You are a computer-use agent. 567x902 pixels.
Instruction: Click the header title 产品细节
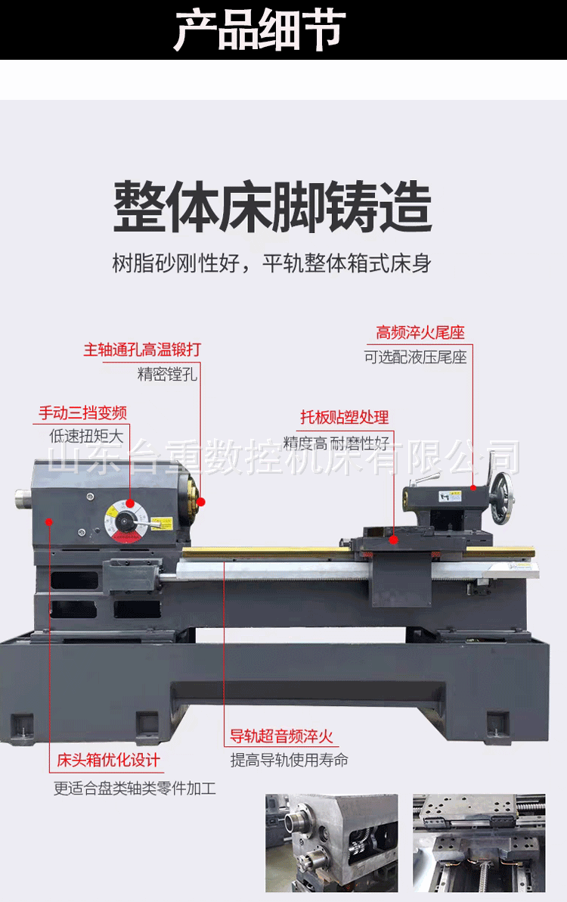coord(259,30)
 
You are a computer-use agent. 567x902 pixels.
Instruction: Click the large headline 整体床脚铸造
coord(272,206)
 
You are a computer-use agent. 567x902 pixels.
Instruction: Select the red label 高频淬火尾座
coord(420,332)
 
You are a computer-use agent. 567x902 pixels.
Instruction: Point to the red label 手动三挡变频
coord(82,413)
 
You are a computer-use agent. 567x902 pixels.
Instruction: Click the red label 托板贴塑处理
coord(344,417)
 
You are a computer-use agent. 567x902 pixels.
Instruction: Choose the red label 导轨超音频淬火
coord(281,736)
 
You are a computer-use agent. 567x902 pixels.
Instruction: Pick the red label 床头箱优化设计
coord(109,760)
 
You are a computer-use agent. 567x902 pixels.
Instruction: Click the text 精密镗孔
coord(167,374)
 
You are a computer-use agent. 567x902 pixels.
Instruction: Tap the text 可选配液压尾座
coord(416,357)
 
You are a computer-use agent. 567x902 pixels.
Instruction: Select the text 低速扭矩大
coord(85,436)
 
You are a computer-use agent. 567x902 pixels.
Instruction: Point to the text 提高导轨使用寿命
coord(290,760)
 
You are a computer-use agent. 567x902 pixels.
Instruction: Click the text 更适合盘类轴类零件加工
coord(135,788)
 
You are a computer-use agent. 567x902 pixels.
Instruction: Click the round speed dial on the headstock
coord(127,521)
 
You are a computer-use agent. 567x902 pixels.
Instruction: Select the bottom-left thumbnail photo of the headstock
coord(331,841)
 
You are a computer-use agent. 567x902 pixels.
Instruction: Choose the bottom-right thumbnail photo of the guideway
coord(479,841)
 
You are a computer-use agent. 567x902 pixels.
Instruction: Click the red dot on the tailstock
coord(473,488)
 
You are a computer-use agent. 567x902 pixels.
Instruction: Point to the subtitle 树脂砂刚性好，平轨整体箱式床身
coord(272,263)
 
